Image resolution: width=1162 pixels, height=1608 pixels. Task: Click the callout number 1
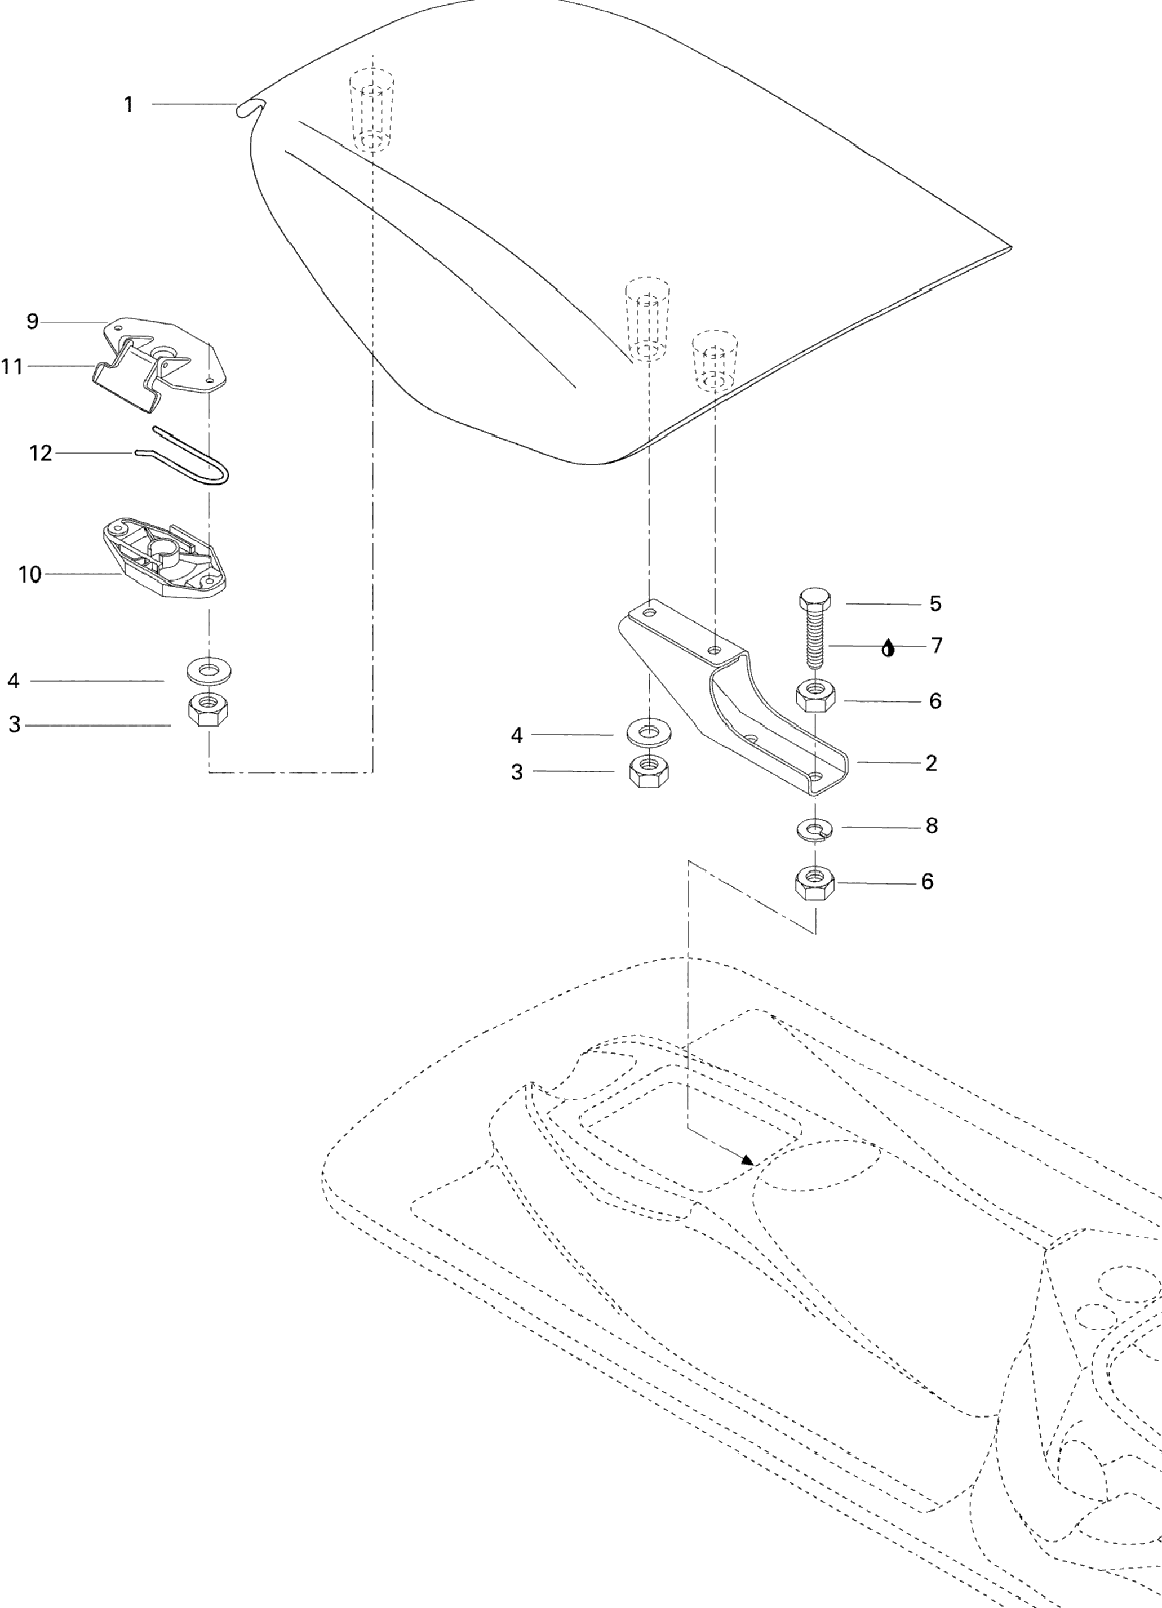pos(128,105)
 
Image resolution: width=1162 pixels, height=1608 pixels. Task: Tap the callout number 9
pos(32,322)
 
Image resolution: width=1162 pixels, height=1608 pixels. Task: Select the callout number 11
pos(12,367)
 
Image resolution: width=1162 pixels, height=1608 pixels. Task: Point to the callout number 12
pos(41,453)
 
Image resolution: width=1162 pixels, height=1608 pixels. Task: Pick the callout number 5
pos(935,604)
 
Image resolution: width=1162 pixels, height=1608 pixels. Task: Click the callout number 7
pos(937,646)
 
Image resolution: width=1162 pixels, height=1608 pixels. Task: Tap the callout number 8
pos(932,826)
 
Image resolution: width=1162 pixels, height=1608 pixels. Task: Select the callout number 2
pos(931,763)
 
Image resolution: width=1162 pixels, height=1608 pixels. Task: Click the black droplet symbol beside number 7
pos(888,648)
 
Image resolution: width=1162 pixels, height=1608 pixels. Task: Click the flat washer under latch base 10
pos(209,669)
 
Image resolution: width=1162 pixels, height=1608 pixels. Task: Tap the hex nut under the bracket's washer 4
pos(649,771)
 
